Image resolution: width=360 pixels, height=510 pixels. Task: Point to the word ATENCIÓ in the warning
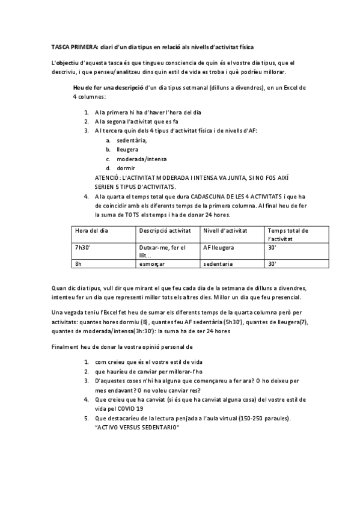coord(109,178)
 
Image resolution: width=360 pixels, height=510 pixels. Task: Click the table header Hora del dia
coord(91,230)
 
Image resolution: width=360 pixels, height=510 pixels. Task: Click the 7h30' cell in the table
coord(82,247)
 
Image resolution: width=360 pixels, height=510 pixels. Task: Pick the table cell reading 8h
coord(78,263)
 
